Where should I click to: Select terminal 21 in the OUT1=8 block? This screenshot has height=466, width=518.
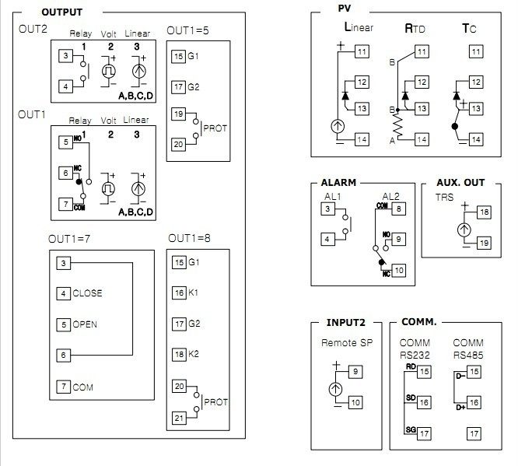(x=179, y=418)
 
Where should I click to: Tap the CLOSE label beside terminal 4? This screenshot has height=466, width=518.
(x=87, y=293)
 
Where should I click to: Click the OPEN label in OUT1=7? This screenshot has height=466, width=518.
(x=86, y=324)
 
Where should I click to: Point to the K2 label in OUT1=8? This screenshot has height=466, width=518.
(x=194, y=354)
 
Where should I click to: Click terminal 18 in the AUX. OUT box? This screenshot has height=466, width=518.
(x=484, y=212)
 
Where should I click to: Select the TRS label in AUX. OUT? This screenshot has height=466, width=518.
(x=444, y=198)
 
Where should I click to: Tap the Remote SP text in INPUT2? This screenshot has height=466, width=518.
(x=345, y=342)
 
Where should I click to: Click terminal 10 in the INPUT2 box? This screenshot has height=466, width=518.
(x=355, y=402)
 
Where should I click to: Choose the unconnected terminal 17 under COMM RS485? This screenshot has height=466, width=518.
(x=472, y=433)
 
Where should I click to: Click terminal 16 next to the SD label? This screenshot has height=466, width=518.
(x=424, y=402)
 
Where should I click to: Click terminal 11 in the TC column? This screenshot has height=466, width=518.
(x=474, y=52)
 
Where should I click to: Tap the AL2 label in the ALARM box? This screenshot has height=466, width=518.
(x=391, y=196)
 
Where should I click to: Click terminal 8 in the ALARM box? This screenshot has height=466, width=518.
(x=397, y=208)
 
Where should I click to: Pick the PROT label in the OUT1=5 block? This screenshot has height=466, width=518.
(x=215, y=128)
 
